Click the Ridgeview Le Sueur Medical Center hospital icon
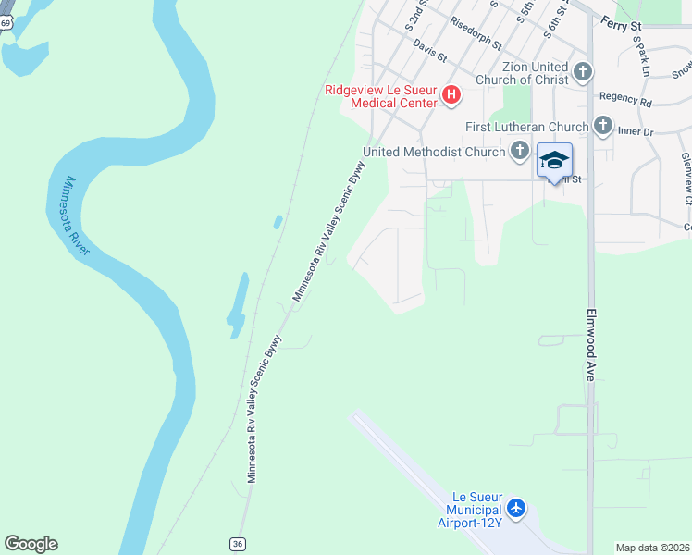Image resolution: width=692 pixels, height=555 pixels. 451,94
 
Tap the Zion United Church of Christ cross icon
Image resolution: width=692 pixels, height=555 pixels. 583,71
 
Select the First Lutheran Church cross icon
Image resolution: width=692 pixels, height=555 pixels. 603,125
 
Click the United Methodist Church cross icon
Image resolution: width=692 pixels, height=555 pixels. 520,150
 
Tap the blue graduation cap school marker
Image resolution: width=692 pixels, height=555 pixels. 554,160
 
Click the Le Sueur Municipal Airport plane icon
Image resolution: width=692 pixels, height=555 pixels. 515,508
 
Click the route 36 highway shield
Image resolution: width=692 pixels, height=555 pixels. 238,544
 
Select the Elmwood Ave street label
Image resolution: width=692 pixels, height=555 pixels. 589,344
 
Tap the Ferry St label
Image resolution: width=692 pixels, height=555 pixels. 621,25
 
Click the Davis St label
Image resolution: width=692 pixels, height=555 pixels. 430,50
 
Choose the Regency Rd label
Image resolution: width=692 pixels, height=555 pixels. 625,96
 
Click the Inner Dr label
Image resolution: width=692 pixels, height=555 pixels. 636,131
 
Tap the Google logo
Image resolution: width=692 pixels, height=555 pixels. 31,544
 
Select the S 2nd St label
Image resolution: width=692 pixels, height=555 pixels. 419,16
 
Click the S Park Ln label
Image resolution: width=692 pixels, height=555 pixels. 643,58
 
